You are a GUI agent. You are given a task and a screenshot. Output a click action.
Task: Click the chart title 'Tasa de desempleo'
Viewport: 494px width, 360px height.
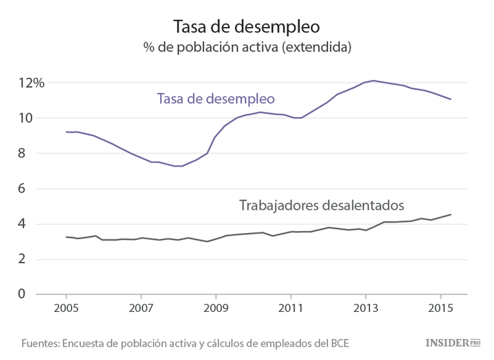246,26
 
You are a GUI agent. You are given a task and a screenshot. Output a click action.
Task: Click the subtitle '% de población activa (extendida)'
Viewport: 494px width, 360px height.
246,48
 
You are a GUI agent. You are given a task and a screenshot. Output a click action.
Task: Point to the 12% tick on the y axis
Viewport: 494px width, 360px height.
31,83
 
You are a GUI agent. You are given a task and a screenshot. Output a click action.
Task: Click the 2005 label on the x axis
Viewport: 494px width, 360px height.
67,308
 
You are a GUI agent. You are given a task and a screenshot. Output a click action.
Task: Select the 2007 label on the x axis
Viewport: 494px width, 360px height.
141,308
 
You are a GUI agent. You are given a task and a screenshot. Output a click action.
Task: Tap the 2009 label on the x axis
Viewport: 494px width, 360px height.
216,308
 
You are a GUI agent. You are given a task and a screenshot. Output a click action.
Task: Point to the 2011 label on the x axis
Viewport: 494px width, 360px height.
290,308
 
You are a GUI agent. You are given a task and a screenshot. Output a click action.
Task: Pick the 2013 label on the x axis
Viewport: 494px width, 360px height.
366,308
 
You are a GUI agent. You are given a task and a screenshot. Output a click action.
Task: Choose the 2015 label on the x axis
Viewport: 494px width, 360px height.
440,308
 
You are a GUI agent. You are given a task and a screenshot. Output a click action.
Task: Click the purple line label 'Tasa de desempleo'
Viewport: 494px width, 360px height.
215,99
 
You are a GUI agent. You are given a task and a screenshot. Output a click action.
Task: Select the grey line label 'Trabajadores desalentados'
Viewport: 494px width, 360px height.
321,205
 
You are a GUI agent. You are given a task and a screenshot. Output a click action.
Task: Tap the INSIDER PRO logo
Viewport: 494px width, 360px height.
453,343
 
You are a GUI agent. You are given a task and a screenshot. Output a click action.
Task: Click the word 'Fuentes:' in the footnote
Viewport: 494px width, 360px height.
42,344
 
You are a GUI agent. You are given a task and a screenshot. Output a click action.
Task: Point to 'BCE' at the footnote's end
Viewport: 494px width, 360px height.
338,344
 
